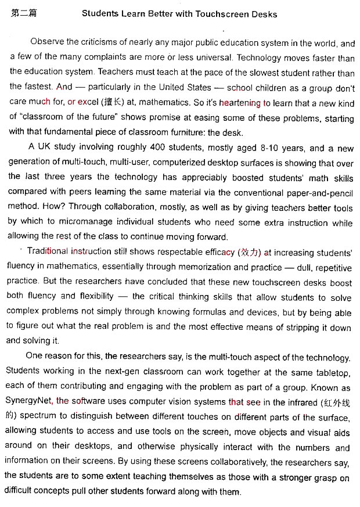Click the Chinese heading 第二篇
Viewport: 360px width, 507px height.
click(x=23, y=13)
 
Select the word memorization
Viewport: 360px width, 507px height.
click(x=204, y=267)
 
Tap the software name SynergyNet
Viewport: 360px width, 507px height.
click(x=28, y=402)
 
